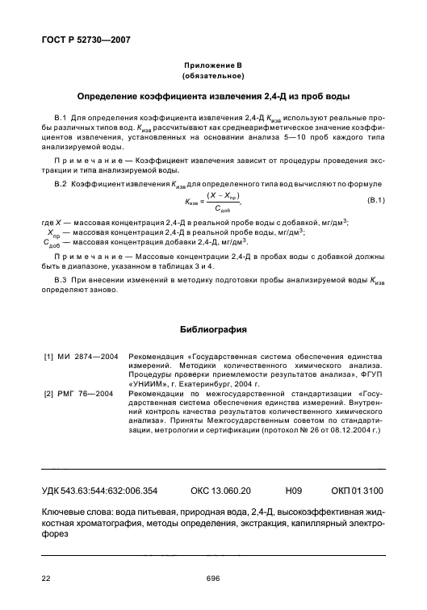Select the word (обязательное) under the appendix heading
click(x=213, y=76)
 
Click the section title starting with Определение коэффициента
click(x=213, y=97)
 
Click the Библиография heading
click(x=213, y=328)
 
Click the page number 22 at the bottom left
click(x=47, y=577)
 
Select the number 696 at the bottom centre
click(x=213, y=577)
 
